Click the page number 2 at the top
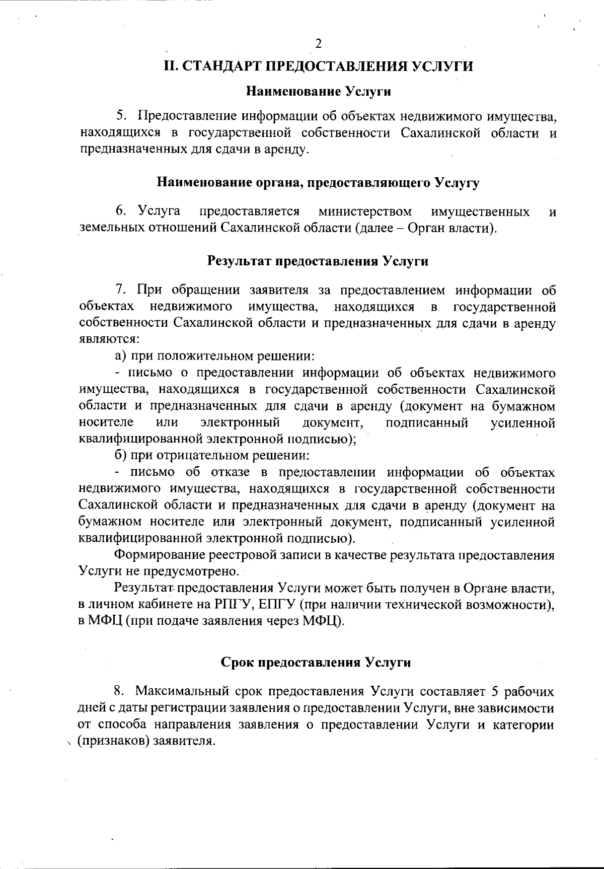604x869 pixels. point(318,44)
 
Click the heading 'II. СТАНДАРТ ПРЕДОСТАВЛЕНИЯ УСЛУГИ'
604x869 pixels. point(319,67)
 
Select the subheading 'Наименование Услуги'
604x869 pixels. point(319,92)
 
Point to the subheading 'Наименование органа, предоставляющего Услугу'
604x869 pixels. point(318,182)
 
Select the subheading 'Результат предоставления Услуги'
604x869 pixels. point(318,261)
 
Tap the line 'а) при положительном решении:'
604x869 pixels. point(215,356)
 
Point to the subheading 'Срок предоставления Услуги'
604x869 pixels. point(316,663)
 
